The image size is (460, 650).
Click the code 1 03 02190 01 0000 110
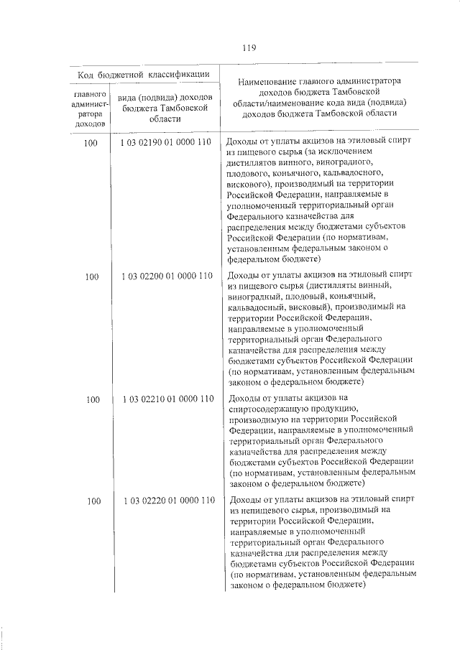coord(166,142)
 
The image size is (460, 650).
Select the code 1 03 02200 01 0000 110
coord(166,276)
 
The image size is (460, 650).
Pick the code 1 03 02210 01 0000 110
coord(166,399)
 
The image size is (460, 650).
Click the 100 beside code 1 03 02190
coord(91,143)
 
